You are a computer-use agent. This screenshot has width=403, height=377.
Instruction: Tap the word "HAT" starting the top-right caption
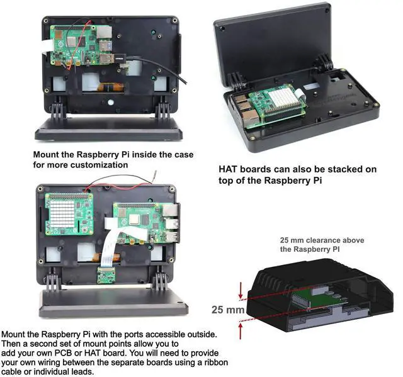[x=229, y=169]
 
